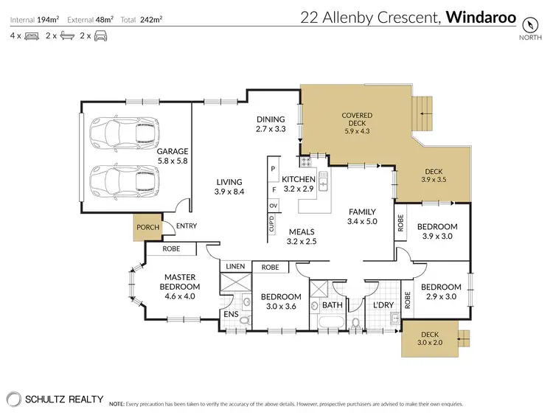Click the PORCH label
[x=148, y=227]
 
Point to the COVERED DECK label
[x=357, y=121]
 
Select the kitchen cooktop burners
[x=305, y=161]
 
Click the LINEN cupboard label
[x=235, y=266]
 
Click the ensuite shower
[x=235, y=283]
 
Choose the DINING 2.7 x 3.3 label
[x=270, y=124]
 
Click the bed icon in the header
[x=30, y=35]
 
